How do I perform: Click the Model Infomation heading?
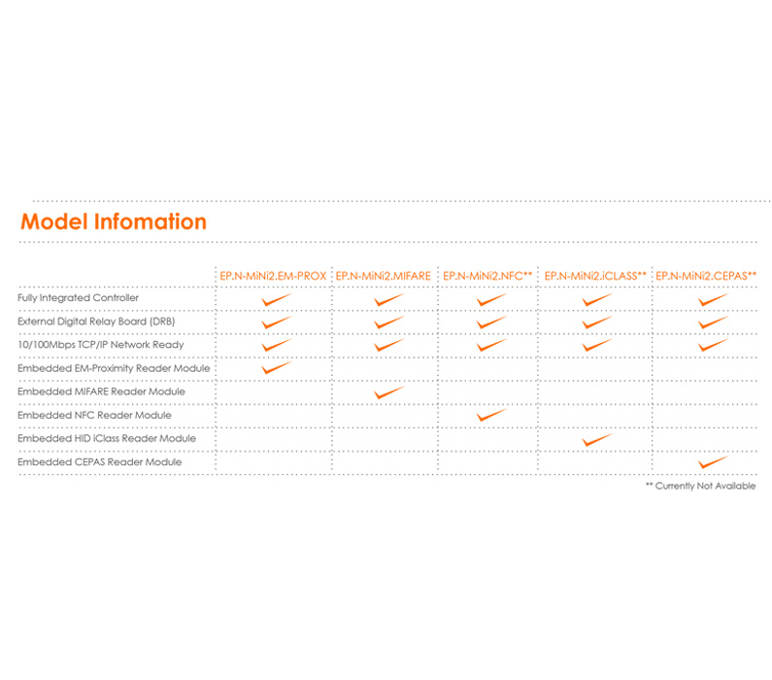pyautogui.click(x=114, y=221)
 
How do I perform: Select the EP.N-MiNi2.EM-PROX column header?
pyautogui.click(x=273, y=276)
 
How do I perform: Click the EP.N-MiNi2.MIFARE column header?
pyautogui.click(x=384, y=276)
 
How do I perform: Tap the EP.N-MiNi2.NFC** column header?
pyautogui.click(x=487, y=276)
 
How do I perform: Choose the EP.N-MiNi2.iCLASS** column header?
pyautogui.click(x=594, y=276)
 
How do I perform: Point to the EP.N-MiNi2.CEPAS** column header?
pyautogui.click(x=706, y=276)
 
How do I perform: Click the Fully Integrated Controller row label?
pyautogui.click(x=79, y=298)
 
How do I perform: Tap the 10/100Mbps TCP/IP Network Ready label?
pyautogui.click(x=101, y=345)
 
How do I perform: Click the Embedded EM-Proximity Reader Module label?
pyautogui.click(x=114, y=368)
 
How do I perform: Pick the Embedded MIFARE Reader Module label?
pyautogui.click(x=101, y=391)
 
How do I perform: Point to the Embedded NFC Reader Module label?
pyautogui.click(x=94, y=415)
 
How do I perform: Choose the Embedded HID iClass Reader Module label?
pyautogui.click(x=107, y=438)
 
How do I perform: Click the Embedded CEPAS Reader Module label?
pyautogui.click(x=99, y=462)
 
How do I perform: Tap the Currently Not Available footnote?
pyautogui.click(x=700, y=486)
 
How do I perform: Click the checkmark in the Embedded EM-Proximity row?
pyautogui.click(x=277, y=368)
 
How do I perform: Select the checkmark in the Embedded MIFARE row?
pyautogui.click(x=388, y=392)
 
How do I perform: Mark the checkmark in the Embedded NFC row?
pyautogui.click(x=491, y=415)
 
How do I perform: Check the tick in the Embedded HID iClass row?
pyautogui.click(x=596, y=439)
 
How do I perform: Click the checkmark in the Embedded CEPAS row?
pyautogui.click(x=713, y=462)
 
